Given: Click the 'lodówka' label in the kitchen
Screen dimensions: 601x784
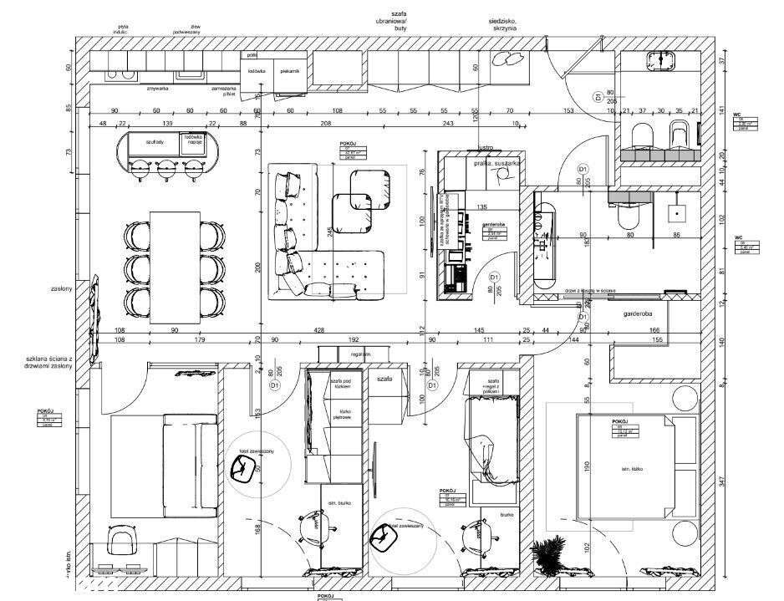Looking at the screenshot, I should coord(257,71).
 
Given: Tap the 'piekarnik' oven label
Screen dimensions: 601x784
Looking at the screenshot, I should coord(290,71).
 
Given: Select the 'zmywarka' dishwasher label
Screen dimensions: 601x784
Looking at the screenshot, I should coord(158,87).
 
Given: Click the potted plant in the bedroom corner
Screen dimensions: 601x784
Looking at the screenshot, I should coord(548,553).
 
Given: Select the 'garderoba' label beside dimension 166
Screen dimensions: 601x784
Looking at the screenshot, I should coord(637,314).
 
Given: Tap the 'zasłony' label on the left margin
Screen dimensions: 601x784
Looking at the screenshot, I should coord(61,289).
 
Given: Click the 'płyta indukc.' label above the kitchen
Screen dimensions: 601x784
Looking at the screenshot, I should coord(123,28).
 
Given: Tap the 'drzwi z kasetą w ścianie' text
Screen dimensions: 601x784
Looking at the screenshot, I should coord(590,289).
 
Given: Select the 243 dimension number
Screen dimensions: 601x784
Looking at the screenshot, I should coord(448,124).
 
